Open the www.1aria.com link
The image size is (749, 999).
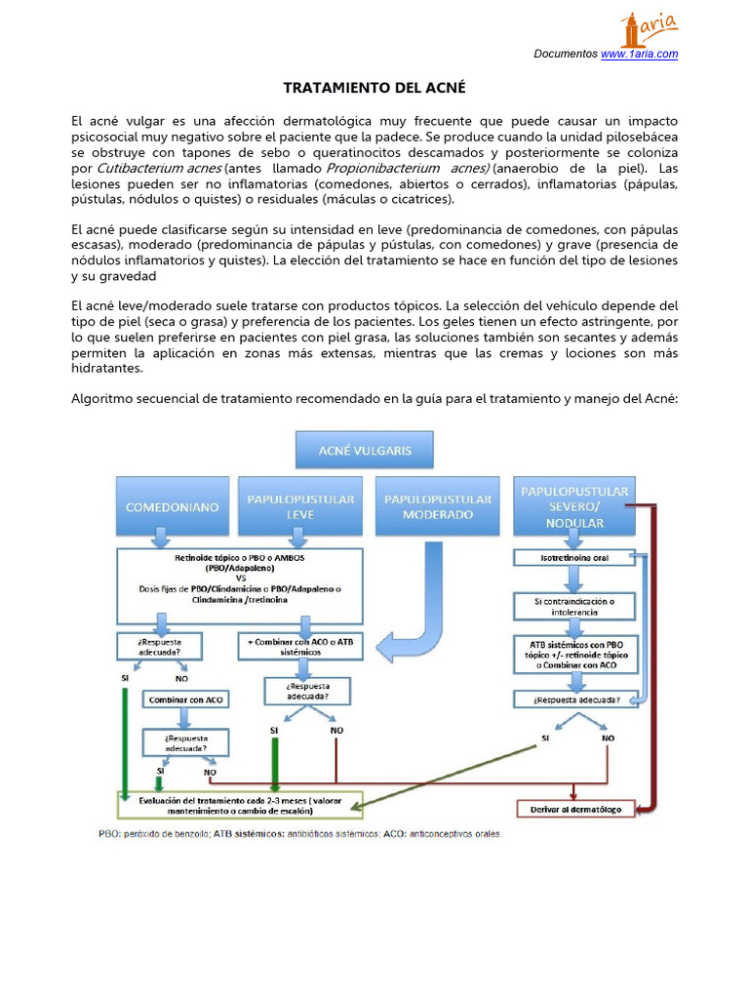click(x=639, y=55)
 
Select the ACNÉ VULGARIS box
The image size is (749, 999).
click(x=365, y=451)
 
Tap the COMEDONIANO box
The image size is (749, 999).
click(x=173, y=506)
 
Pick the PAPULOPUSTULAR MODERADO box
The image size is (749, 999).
click(x=429, y=506)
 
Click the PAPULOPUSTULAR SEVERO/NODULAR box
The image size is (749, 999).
click(x=575, y=506)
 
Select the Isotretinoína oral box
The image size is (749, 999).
click(x=574, y=558)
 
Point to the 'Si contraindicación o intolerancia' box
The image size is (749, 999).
click(x=574, y=607)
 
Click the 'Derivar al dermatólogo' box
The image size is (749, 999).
click(x=574, y=808)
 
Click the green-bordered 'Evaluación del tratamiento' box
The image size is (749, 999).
click(x=238, y=805)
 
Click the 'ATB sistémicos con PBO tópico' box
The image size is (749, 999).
click(x=574, y=656)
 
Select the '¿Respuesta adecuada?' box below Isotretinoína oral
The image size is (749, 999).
click(x=574, y=699)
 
